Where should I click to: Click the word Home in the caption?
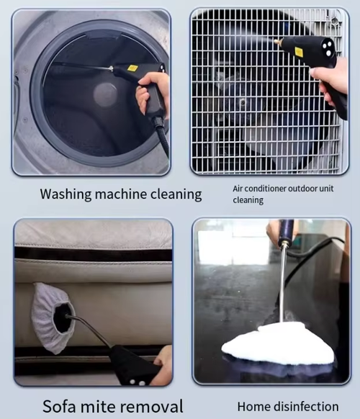pos(252,406)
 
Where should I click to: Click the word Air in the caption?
pos(238,188)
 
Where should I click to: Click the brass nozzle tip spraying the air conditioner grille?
pos(276,42)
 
